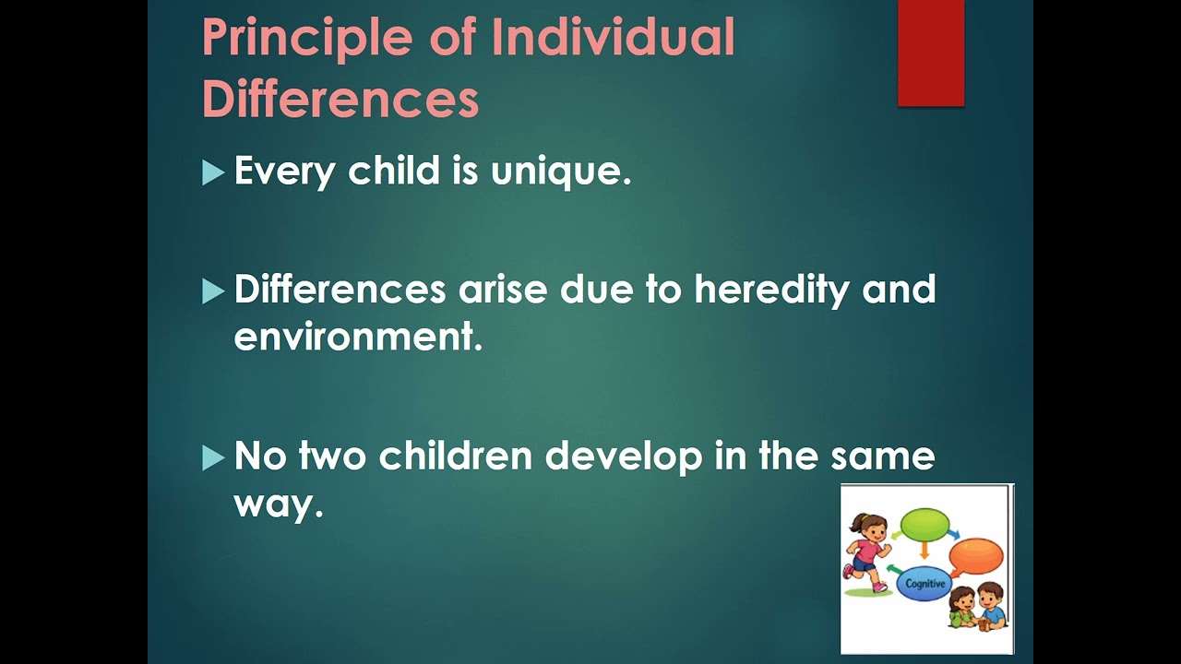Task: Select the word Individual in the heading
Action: click(613, 37)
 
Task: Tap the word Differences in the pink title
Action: click(340, 99)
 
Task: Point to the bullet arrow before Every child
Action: click(213, 172)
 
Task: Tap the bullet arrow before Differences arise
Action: click(213, 291)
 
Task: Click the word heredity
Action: click(771, 290)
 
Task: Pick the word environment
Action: click(358, 337)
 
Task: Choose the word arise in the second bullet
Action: click(503, 290)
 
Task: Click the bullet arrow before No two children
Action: click(213, 457)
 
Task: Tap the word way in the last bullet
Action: click(278, 504)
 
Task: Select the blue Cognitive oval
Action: click(925, 583)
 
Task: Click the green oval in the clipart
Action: click(925, 525)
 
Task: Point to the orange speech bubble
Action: click(976, 556)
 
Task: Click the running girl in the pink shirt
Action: click(866, 551)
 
